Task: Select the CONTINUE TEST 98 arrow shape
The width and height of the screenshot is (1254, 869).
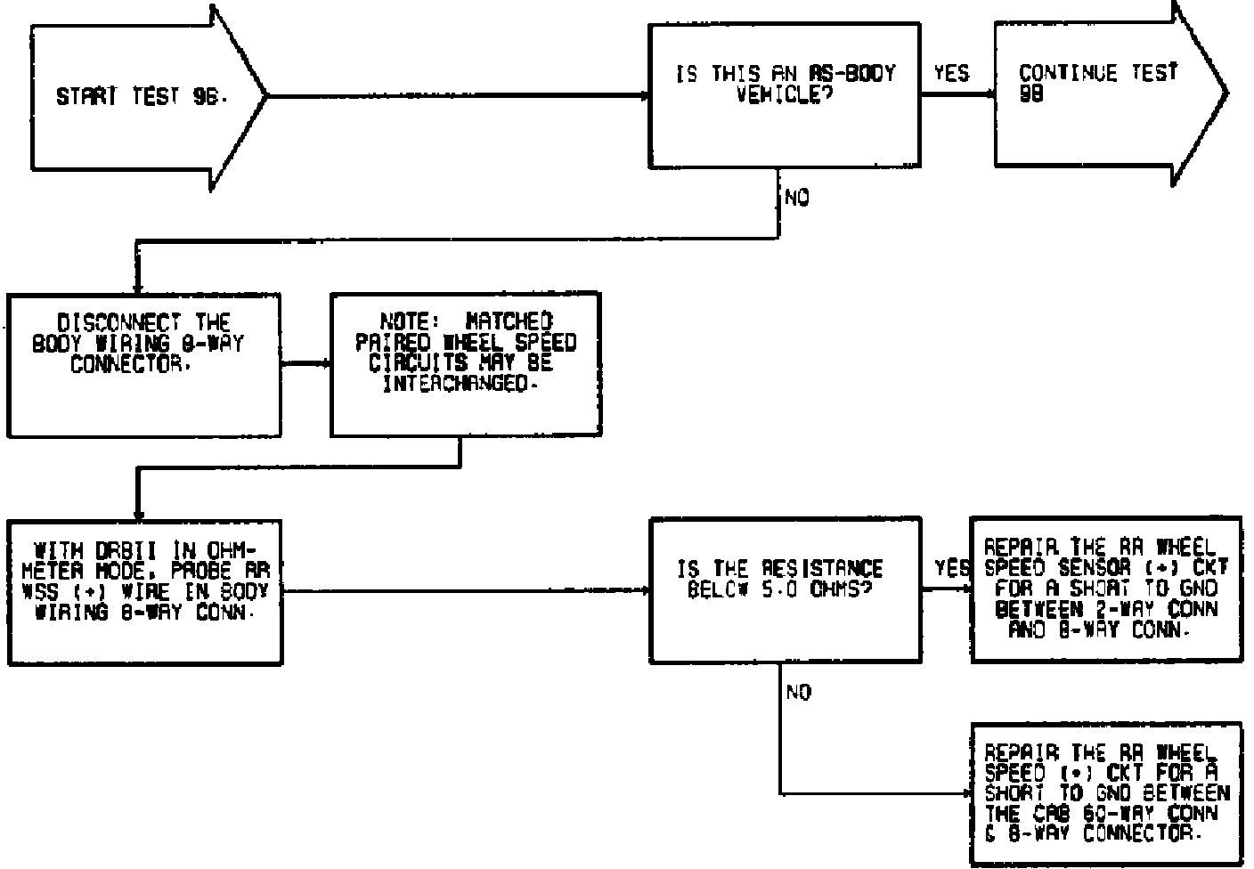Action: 1104,93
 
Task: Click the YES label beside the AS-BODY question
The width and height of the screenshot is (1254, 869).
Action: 951,74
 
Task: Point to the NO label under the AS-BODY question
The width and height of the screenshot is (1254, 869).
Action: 798,199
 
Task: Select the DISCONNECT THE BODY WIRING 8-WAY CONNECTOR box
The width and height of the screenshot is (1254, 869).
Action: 143,364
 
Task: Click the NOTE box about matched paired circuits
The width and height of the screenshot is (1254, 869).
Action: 465,364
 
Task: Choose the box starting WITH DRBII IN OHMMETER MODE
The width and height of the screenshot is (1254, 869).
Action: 144,591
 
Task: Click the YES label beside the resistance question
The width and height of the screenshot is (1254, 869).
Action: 952,567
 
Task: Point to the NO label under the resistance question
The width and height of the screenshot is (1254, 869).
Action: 799,693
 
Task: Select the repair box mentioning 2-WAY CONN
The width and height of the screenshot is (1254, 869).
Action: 1105,589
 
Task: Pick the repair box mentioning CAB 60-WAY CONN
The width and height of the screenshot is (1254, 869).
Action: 1105,793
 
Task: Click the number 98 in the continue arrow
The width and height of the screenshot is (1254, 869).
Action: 1031,93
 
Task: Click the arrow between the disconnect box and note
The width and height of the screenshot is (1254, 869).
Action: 305,363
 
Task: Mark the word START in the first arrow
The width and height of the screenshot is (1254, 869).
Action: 87,97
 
